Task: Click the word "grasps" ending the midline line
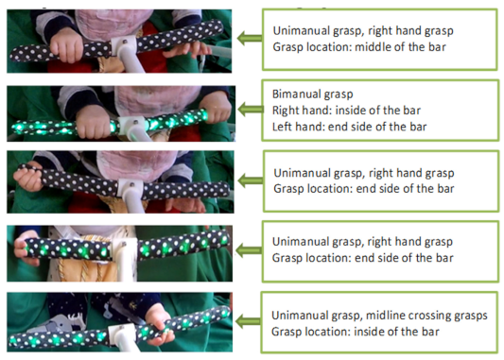click(x=471, y=317)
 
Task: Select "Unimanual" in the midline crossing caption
click(x=295, y=316)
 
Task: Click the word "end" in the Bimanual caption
click(x=337, y=127)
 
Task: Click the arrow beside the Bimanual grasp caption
click(x=250, y=110)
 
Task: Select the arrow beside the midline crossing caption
click(x=248, y=321)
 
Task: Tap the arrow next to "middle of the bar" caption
click(x=250, y=38)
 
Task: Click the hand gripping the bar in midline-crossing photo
click(x=160, y=324)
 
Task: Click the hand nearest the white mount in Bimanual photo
click(x=94, y=123)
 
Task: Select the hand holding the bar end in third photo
click(x=28, y=177)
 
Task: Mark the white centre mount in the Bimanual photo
click(x=134, y=129)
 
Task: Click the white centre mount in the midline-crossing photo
click(x=121, y=337)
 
